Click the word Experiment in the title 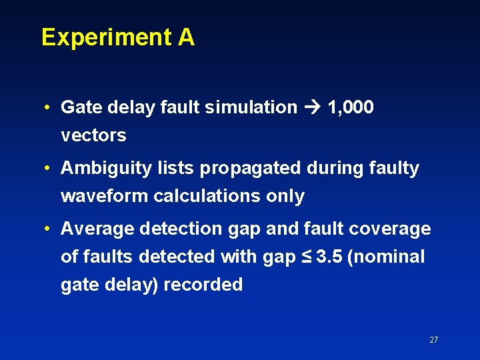point(106,38)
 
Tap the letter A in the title point(186,37)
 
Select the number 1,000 point(351,107)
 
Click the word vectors point(93,135)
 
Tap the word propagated point(245,168)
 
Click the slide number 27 point(433,340)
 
